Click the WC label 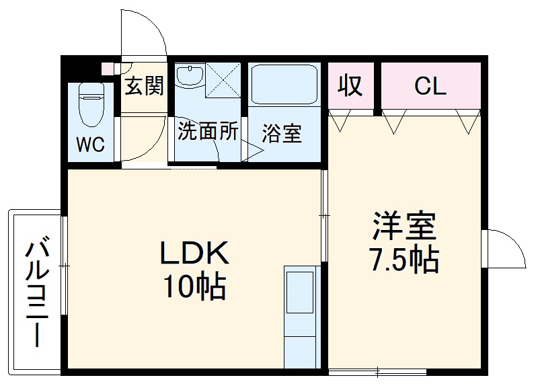tap(90, 145)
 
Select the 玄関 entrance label tap(144, 85)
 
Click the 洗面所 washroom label tap(207, 131)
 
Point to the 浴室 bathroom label tap(281, 133)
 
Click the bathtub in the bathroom tap(283, 85)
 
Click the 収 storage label tap(350, 85)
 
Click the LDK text tap(195, 254)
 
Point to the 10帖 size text tap(195, 287)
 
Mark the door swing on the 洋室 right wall tap(506, 249)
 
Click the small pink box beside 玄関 tap(106, 68)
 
